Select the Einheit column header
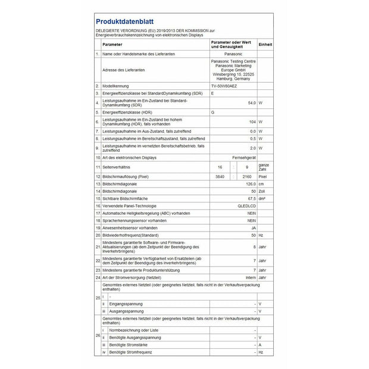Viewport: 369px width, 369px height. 265,45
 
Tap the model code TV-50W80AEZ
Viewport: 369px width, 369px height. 226,86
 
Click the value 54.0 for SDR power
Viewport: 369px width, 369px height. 252,103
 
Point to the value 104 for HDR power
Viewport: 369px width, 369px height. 252,121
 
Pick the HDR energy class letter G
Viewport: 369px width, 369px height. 212,112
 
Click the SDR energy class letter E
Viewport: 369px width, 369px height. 212,94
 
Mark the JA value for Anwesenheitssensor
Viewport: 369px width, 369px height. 253,227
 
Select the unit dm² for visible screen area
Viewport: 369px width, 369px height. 262,198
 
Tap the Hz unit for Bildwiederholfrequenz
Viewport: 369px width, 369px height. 261,235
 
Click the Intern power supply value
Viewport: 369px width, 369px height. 250,277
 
